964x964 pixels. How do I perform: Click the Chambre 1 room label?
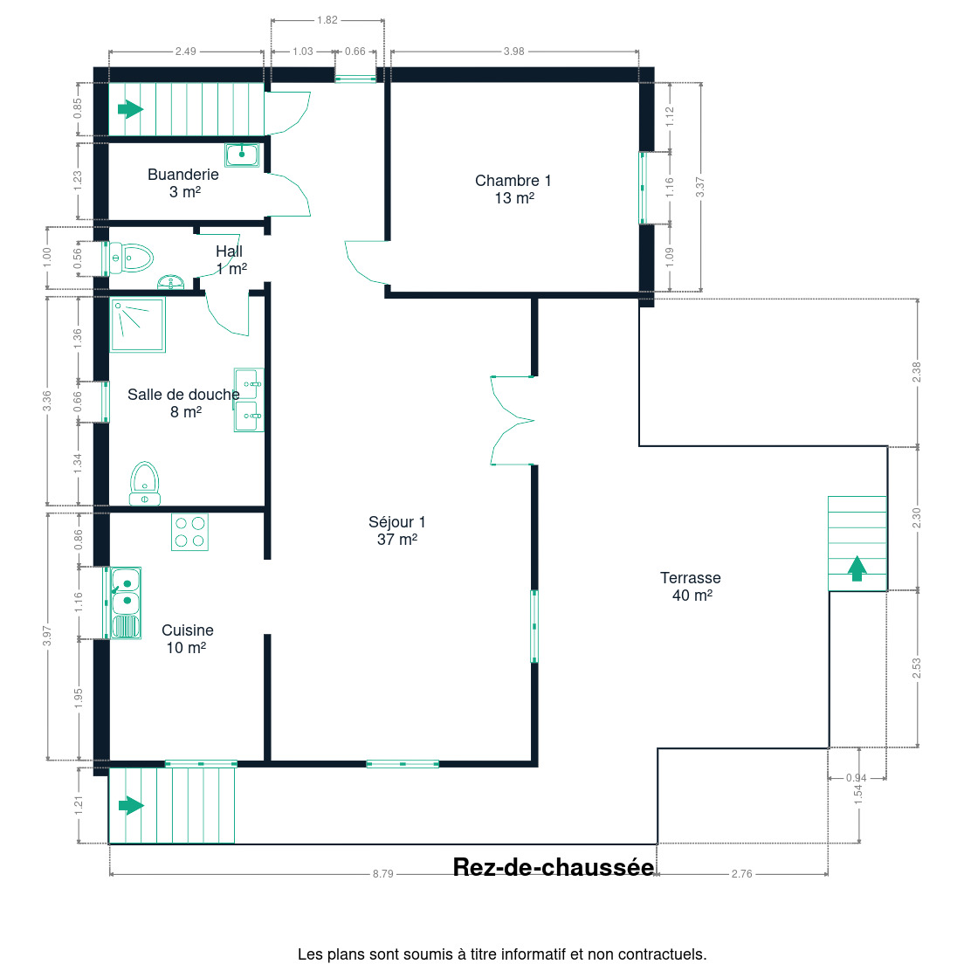[513, 189]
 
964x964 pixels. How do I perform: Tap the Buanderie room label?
[183, 182]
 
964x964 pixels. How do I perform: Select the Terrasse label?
[691, 587]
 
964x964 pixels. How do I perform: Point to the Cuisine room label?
[188, 639]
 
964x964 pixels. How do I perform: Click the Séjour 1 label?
[397, 531]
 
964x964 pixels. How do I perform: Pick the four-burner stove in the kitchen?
[189, 532]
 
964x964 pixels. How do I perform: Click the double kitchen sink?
[125, 602]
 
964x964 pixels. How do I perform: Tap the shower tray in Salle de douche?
[138, 325]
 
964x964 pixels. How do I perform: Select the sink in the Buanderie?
[242, 155]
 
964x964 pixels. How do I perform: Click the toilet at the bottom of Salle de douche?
[144, 483]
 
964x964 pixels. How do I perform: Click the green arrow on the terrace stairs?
[857, 568]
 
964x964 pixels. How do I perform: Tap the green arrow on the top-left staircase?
[130, 109]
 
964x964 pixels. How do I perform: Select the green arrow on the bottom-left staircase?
[131, 805]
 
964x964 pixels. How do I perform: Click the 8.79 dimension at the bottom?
[383, 873]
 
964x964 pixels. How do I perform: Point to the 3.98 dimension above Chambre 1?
[514, 51]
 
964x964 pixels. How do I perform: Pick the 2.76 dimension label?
[742, 873]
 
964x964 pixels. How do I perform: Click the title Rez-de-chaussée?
[554, 867]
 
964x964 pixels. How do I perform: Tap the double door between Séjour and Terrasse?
[513, 421]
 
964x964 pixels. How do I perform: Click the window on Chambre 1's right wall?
[643, 188]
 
